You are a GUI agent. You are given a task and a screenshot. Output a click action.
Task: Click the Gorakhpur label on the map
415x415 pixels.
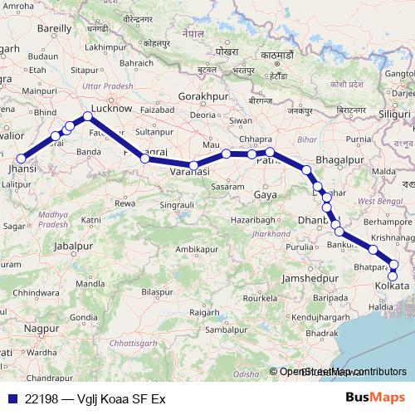203,97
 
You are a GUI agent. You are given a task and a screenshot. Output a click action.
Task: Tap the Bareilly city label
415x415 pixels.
55,27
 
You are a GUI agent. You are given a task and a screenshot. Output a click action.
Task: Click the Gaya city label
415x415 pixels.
266,193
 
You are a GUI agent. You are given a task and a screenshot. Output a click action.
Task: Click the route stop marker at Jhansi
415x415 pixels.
20,158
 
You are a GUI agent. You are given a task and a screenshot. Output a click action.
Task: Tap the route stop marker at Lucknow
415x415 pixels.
88,116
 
